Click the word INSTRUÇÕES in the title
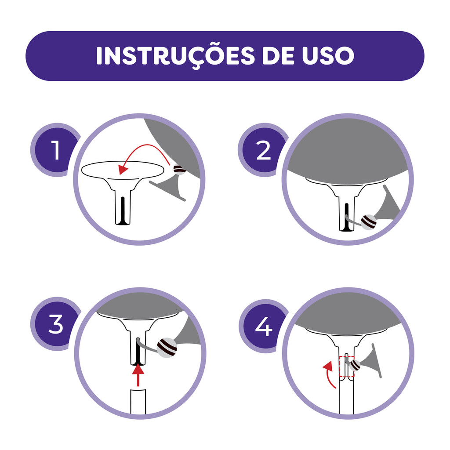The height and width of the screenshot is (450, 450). [x=175, y=56]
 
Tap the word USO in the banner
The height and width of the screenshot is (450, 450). [x=328, y=56]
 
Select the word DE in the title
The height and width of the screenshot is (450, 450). [x=278, y=56]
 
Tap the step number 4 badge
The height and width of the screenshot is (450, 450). [x=264, y=326]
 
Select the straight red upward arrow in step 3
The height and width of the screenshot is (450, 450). [x=138, y=375]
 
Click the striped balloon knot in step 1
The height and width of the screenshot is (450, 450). [x=180, y=170]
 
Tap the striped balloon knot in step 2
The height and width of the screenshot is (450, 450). [x=369, y=222]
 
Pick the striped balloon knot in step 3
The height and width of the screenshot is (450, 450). [x=167, y=348]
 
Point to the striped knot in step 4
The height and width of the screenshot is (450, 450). [x=355, y=365]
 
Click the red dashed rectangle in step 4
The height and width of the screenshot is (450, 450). [x=347, y=367]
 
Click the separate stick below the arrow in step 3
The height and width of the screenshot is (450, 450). [x=138, y=402]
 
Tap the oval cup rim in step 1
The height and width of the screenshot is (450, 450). [x=123, y=170]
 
